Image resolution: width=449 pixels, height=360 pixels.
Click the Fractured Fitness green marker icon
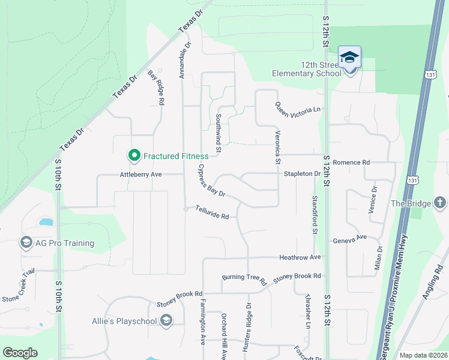pyautogui.click(x=134, y=156)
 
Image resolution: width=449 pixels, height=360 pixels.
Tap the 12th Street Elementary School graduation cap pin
pyautogui.click(x=349, y=58)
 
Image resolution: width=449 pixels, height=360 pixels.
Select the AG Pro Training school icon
pyautogui.click(x=26, y=243)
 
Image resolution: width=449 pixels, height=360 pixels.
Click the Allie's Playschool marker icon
pyautogui.click(x=166, y=321)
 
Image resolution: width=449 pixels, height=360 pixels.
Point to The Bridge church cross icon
pyautogui.click(x=440, y=203)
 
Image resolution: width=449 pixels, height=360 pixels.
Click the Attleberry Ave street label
pyautogui.click(x=141, y=174)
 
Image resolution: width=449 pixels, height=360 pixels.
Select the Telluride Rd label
pyautogui.click(x=212, y=212)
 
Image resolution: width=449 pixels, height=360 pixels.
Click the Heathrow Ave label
pyautogui.click(x=300, y=257)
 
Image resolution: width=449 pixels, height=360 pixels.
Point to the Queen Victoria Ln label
pyautogui.click(x=298, y=109)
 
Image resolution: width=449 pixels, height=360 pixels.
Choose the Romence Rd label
pyautogui.click(x=351, y=162)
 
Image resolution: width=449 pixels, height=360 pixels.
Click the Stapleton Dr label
pyautogui.click(x=303, y=174)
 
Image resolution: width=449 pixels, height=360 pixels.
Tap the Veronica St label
pyautogui.click(x=277, y=148)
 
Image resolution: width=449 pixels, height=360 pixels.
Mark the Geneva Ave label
pyautogui.click(x=350, y=239)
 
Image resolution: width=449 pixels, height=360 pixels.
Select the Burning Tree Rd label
pyautogui.click(x=244, y=277)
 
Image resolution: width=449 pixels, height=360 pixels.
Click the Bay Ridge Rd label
pyautogui.click(x=156, y=88)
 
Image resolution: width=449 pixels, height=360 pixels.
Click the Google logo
pyautogui.click(x=20, y=352)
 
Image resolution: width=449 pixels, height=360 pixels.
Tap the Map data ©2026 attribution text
pyautogui.click(x=422, y=355)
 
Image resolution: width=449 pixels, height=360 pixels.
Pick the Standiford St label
pyautogui.click(x=313, y=214)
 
